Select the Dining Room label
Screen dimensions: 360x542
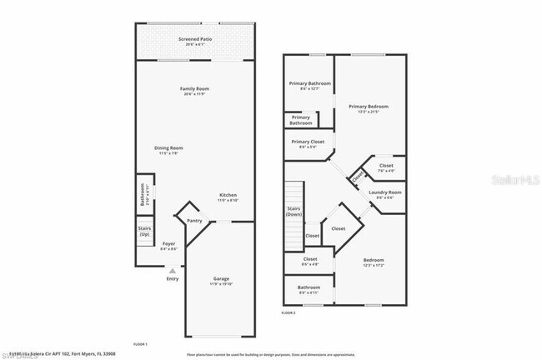tap(168, 150)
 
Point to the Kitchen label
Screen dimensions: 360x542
tap(228, 197)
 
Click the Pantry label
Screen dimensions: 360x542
tap(194, 221)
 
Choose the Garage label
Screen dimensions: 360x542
tap(221, 281)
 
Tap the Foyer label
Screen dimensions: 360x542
tap(168, 245)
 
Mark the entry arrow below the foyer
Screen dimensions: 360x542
tap(172, 270)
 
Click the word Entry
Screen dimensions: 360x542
tap(172, 279)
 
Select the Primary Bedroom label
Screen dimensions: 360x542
tap(369, 108)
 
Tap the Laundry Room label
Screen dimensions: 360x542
tap(385, 194)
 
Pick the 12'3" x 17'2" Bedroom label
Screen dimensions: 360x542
tap(373, 262)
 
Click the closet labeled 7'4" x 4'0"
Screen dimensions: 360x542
tap(386, 167)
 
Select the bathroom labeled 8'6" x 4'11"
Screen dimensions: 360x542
tap(309, 290)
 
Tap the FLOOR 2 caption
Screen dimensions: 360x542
tap(289, 312)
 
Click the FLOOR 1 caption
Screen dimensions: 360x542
tap(140, 343)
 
